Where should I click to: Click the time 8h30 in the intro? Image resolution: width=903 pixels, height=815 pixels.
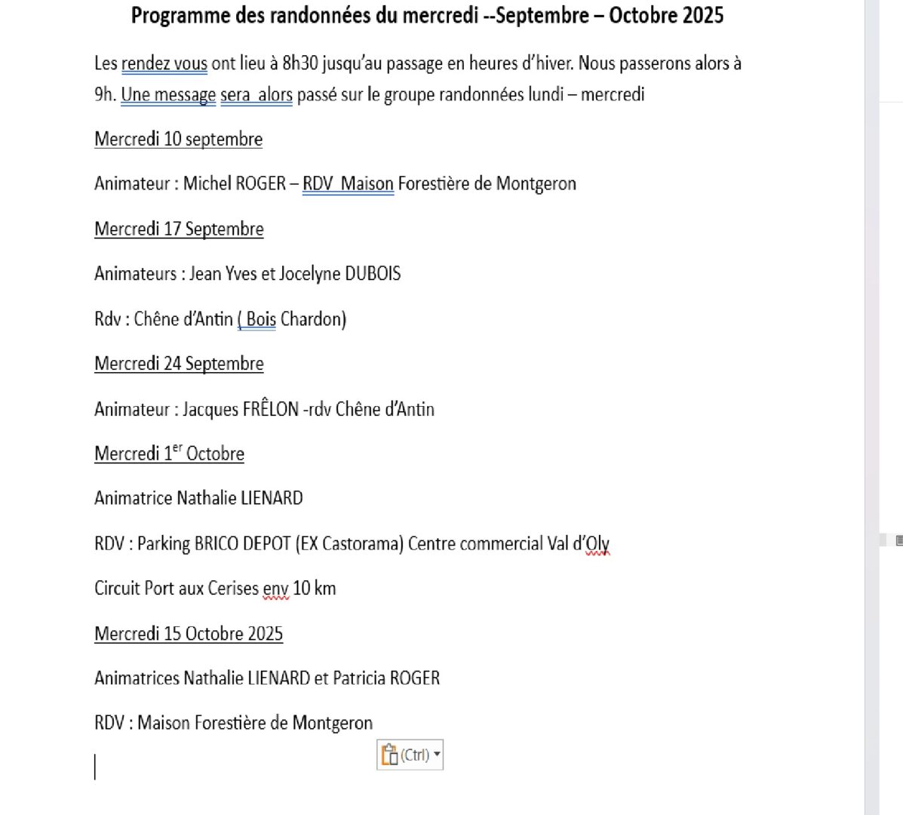(299, 63)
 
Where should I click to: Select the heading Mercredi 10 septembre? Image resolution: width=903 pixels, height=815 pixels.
(178, 140)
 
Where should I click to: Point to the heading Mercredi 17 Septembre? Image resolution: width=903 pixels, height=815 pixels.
(179, 229)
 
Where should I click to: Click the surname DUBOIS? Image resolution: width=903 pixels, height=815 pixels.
(373, 274)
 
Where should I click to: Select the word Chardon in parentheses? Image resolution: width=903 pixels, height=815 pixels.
(313, 319)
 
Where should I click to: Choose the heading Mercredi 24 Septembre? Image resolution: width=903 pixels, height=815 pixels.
(179, 364)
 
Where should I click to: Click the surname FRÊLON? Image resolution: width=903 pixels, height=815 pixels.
(270, 410)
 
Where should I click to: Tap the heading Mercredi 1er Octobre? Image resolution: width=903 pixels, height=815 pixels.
(169, 454)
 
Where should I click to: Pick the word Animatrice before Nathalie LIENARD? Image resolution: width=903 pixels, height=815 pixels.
(133, 498)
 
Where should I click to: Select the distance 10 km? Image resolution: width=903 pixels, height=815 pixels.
(314, 589)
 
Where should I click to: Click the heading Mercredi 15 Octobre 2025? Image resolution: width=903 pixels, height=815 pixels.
(189, 634)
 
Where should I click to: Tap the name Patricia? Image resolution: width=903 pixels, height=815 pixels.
(359, 678)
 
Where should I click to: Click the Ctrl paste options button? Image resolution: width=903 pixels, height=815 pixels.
(410, 755)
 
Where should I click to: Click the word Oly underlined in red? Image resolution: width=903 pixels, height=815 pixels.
(597, 543)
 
